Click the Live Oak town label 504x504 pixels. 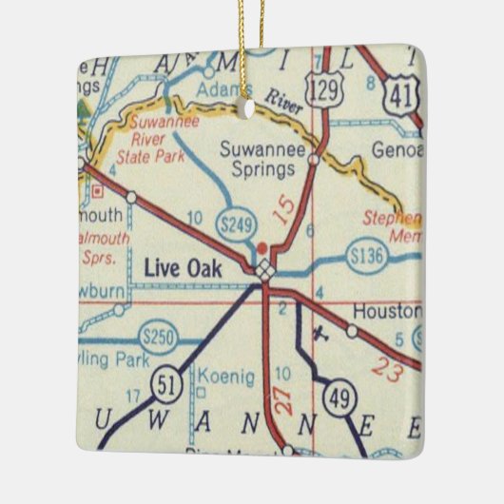tap(183, 269)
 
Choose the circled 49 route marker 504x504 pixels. tap(339, 399)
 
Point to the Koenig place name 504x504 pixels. tap(229, 378)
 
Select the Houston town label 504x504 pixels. tap(386, 312)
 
